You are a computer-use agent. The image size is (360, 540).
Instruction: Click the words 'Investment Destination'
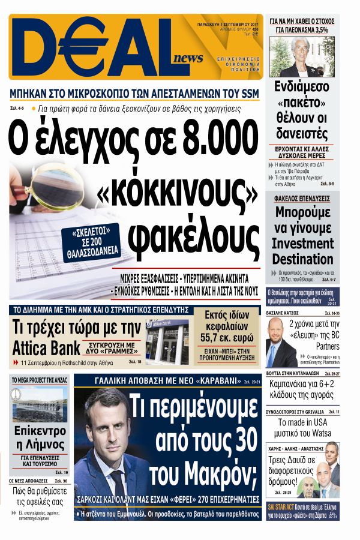pyautogui.click(x=302, y=251)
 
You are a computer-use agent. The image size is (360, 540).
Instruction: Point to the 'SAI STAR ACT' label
pyautogui.click(x=283, y=506)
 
